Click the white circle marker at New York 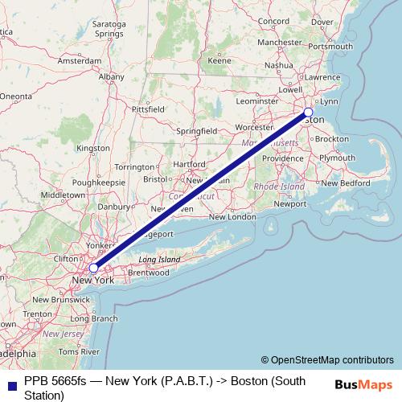coord(94,268)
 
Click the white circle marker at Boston coord(308,113)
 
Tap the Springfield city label coord(197,130)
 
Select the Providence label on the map coord(282,158)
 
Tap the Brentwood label coord(148,273)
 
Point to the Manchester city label coord(279,42)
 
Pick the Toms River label coord(79,352)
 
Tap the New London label coord(232,217)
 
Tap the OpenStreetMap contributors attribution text coord(326,360)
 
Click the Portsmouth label coord(330,46)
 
